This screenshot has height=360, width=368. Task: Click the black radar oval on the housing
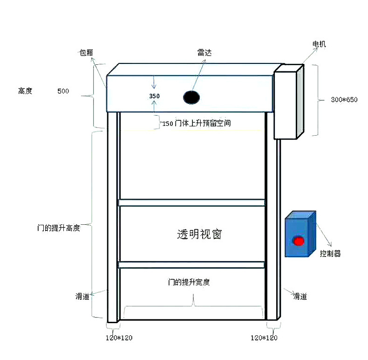191,97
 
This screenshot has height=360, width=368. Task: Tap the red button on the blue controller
298,241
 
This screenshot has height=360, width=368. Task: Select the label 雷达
204,53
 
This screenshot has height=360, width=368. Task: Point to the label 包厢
86,53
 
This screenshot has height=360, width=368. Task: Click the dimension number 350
154,96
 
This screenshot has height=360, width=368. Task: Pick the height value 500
63,91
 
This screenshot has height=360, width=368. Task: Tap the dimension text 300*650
344,100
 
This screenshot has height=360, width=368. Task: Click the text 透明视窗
199,234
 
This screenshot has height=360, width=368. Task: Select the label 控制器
330,254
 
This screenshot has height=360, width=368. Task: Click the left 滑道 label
82,296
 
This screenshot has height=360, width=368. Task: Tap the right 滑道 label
300,296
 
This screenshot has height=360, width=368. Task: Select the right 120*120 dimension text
264,338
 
